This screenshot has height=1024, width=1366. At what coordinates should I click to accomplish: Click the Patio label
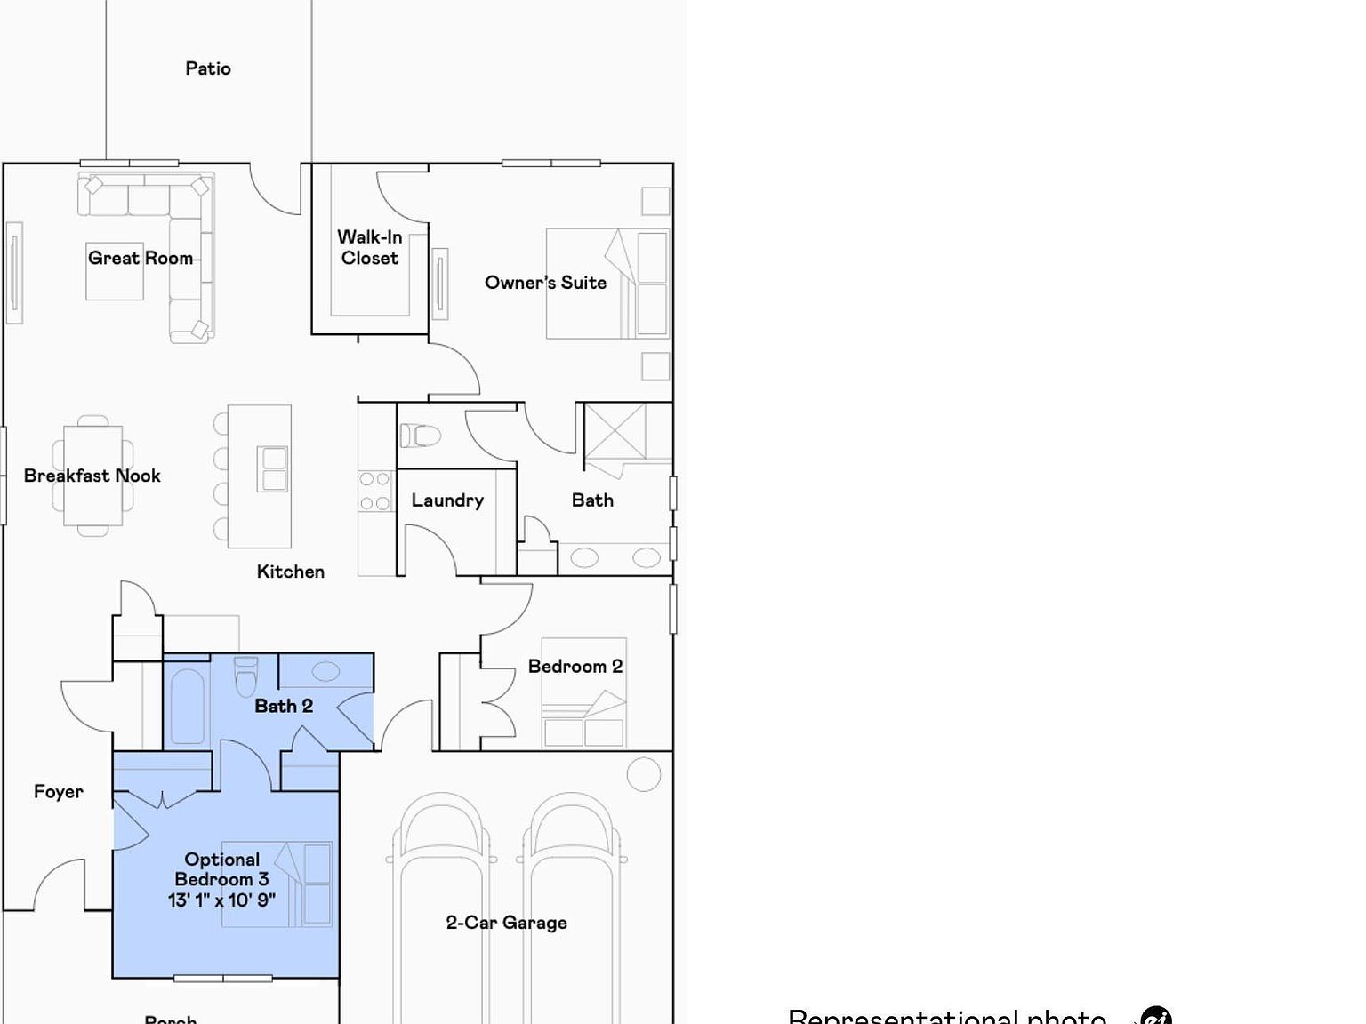(x=208, y=68)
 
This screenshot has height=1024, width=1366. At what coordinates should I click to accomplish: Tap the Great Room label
(x=141, y=258)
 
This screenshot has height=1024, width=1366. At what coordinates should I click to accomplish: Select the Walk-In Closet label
(x=370, y=247)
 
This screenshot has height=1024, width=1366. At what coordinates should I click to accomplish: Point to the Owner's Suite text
(x=545, y=283)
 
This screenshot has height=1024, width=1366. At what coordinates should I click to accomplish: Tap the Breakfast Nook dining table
(x=93, y=476)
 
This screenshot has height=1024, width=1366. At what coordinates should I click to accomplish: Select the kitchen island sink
(x=273, y=469)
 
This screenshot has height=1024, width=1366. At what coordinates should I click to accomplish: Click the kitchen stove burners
(x=374, y=491)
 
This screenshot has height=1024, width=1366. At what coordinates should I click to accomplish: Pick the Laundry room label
(x=447, y=500)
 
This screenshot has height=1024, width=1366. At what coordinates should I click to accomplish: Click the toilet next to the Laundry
(x=421, y=436)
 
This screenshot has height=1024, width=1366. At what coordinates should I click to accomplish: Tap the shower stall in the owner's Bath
(x=615, y=431)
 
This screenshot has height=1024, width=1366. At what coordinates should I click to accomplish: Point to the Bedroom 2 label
(x=575, y=667)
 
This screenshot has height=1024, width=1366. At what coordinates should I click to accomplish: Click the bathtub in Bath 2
(x=187, y=706)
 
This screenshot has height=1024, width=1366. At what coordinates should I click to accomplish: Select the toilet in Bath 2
(x=246, y=677)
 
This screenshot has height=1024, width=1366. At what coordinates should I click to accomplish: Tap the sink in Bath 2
(x=325, y=672)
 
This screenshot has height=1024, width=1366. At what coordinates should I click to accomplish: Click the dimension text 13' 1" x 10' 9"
(x=222, y=900)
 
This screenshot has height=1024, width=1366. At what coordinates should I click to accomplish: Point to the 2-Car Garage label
(x=506, y=923)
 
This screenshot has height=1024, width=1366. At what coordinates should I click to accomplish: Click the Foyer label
(x=59, y=792)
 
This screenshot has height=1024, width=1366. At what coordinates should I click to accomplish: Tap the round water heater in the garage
(x=644, y=774)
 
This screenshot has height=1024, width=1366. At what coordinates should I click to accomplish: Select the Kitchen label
(x=291, y=572)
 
